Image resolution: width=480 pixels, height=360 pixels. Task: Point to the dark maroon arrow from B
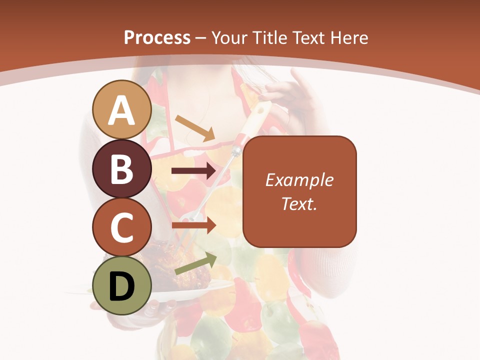point(194,171)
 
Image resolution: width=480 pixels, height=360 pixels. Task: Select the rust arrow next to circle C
point(194,225)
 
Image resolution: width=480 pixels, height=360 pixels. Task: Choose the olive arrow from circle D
point(195,263)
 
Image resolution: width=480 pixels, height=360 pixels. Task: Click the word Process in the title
point(157,37)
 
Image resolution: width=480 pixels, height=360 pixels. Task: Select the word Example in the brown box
point(299,180)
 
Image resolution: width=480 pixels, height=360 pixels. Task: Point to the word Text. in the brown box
point(299,203)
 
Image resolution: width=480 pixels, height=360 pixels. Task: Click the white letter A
point(122,110)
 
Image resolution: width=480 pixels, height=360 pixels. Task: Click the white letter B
point(122,169)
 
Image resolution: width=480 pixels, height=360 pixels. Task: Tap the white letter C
point(122,227)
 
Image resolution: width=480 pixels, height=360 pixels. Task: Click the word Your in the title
point(229,37)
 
